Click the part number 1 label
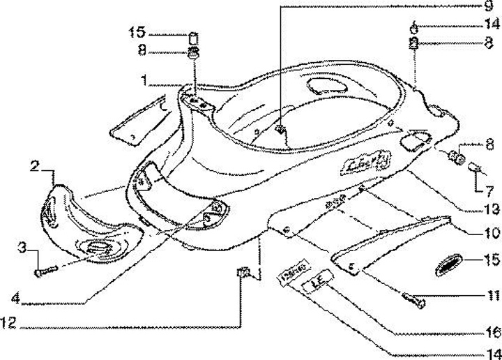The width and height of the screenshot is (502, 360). pos(143,82)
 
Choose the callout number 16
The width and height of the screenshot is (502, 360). pos(493,332)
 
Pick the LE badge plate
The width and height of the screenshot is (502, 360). pos(315,283)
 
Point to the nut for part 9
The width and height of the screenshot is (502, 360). pos(280,130)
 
